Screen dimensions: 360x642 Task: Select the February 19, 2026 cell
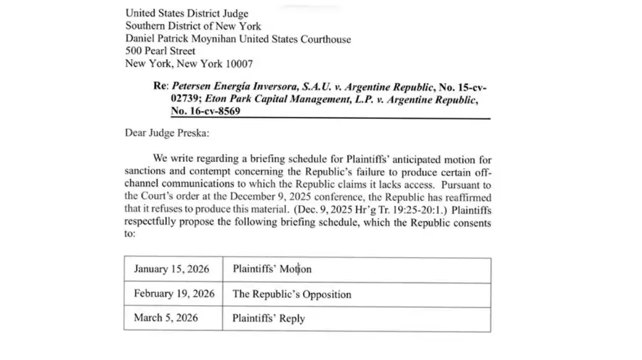tap(174, 294)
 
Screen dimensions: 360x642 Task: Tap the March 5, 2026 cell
tap(166, 318)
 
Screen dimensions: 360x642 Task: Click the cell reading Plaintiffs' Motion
tap(272, 269)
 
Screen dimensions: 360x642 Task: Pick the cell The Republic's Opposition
tap(292, 294)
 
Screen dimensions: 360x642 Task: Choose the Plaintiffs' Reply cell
tap(268, 318)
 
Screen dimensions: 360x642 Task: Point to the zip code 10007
tap(238, 64)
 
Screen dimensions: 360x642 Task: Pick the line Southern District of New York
tap(193, 26)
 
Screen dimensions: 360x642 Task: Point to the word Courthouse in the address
tap(324, 39)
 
